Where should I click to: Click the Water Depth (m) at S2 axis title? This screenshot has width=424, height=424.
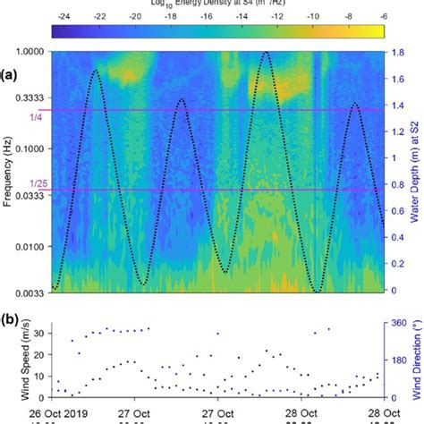pos(417,170)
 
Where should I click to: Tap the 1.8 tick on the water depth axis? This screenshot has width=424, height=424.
pos(402,52)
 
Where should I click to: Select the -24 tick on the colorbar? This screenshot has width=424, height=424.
pos(64,17)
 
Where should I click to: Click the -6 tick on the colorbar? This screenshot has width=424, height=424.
pos(382,17)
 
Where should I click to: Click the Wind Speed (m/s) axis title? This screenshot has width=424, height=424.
pos(8,361)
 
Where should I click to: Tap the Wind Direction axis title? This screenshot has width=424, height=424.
pos(417,361)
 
